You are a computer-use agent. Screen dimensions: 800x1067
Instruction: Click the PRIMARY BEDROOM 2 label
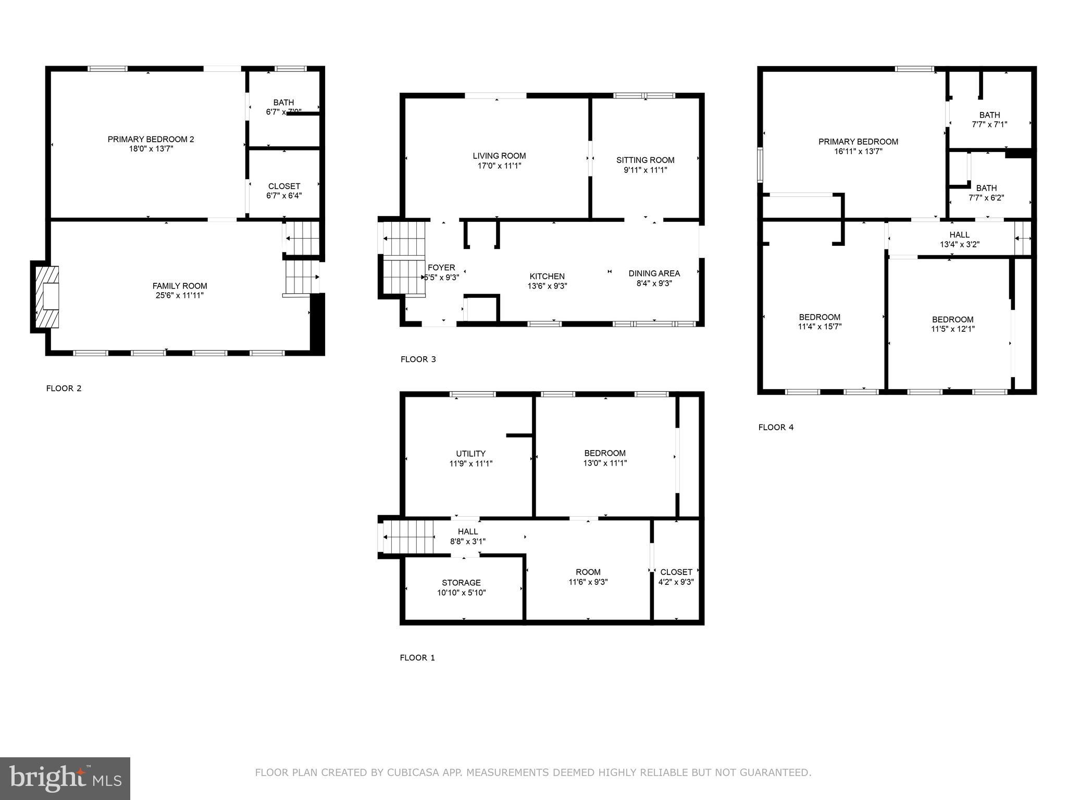click(x=151, y=139)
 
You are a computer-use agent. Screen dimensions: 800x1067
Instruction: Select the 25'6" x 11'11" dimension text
click(x=180, y=295)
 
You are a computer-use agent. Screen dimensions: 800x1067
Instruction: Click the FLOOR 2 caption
click(x=64, y=388)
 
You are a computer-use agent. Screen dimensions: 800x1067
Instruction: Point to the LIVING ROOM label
click(x=499, y=156)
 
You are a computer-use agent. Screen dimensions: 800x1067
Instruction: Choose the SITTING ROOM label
click(x=645, y=160)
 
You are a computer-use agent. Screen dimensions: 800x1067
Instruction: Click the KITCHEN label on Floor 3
click(x=547, y=276)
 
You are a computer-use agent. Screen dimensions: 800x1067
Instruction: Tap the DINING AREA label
click(x=654, y=273)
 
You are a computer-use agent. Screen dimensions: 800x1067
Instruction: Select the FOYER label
click(x=441, y=268)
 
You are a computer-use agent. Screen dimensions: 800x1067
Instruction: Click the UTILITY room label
click(x=470, y=454)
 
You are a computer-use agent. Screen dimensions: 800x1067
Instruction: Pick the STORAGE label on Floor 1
click(x=461, y=583)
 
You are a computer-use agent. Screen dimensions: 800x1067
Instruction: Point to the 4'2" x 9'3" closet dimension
click(x=676, y=582)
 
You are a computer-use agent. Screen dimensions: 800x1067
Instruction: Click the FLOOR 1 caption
click(x=417, y=658)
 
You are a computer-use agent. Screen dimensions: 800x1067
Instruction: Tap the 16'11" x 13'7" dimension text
click(x=858, y=152)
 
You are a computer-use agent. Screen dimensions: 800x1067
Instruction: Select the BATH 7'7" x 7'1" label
click(x=989, y=115)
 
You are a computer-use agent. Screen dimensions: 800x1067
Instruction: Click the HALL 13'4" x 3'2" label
click(x=959, y=235)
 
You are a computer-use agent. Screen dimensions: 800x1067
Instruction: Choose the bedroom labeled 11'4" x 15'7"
click(x=820, y=317)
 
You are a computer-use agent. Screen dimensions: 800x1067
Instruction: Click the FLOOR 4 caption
click(x=776, y=427)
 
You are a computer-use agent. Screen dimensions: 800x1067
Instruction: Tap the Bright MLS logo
click(x=65, y=778)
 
